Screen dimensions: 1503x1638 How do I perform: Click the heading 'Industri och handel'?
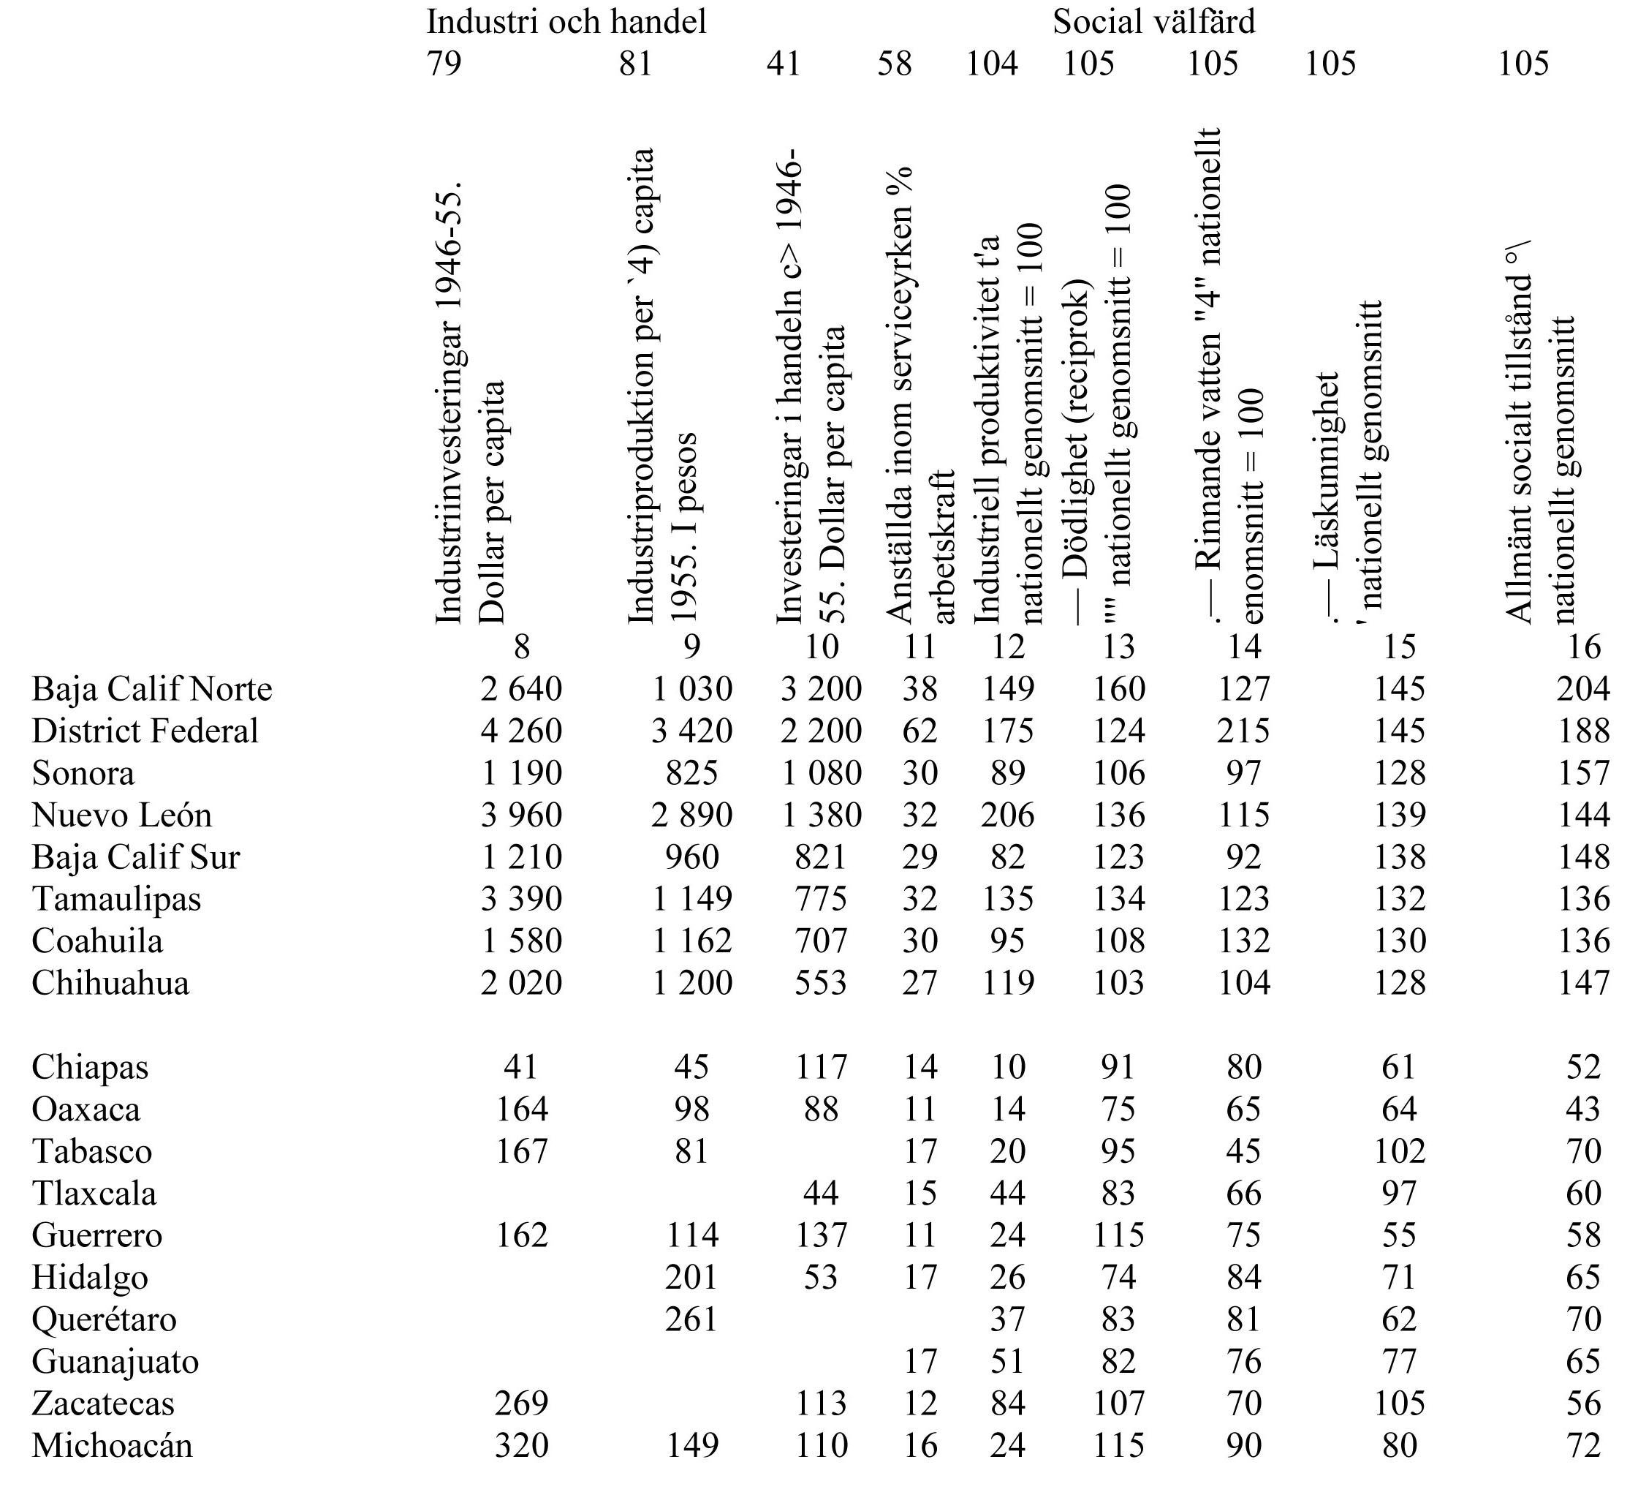coord(566,22)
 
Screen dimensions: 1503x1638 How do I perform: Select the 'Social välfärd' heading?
coord(1153,22)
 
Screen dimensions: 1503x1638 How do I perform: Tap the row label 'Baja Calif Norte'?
coord(152,689)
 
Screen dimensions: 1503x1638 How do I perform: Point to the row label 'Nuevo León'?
coord(122,815)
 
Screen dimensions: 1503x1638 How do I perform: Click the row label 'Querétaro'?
coord(104,1319)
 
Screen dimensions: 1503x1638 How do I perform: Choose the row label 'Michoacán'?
coord(112,1445)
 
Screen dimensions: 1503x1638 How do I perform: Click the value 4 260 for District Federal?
coord(521,731)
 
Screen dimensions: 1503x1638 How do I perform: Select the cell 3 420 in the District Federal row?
coord(691,731)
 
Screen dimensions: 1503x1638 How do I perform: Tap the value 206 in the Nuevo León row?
coord(1007,815)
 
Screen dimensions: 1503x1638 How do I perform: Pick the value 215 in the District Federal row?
coord(1243,731)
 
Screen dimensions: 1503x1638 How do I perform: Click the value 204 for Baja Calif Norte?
coord(1582,689)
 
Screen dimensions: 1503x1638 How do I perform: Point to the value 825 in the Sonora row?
coord(691,772)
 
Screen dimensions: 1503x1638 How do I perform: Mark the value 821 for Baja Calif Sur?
coord(821,857)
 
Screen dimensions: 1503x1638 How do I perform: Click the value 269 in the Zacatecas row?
coord(521,1403)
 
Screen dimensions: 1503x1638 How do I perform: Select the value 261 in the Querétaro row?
coord(691,1319)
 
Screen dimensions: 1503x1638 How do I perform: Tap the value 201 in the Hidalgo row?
coord(691,1277)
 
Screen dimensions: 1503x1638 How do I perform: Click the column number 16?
coord(1582,647)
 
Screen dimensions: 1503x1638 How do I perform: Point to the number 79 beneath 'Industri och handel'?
coord(444,64)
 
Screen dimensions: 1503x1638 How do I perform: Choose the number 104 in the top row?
coord(991,64)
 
